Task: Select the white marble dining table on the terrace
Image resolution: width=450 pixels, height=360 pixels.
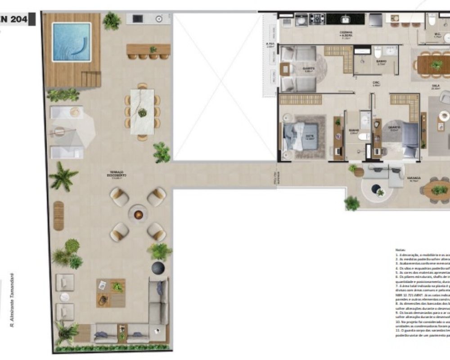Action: click(142, 112)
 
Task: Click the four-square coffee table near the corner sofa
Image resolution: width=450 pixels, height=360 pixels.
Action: click(111, 292)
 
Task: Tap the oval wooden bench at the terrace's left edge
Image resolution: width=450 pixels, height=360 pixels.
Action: click(58, 216)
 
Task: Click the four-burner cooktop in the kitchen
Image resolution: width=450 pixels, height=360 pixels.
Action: click(317, 19)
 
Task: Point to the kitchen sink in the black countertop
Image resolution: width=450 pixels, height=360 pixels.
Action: click(346, 19)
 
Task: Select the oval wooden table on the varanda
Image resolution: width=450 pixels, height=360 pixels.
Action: click(439, 190)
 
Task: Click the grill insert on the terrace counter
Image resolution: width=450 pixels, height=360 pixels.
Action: click(138, 19)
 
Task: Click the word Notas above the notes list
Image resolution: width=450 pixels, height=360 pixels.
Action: click(400, 249)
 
